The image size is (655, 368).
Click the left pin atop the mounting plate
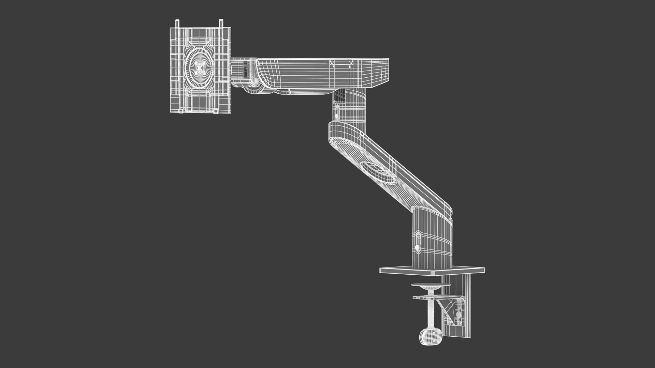tap(177, 24)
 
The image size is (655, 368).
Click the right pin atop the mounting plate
tap(221, 24)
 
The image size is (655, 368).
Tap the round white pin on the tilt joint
tap(256, 80)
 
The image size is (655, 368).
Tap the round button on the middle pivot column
tap(337, 116)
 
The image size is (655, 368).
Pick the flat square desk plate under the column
tap(433, 270)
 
